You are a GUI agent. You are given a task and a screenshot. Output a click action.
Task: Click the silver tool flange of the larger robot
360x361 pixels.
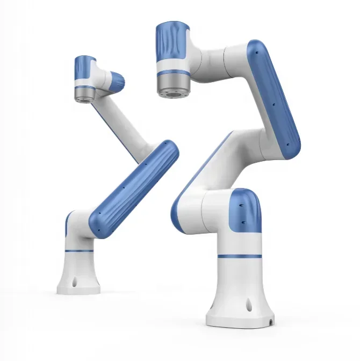pos(173,86)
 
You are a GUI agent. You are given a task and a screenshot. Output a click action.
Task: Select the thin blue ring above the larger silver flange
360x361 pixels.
pos(172,72)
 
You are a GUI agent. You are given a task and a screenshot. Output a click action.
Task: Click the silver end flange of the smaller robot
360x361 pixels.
pos(84,95)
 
